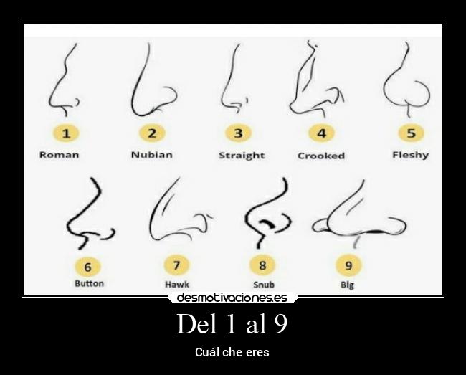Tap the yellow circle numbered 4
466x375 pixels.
click(x=321, y=133)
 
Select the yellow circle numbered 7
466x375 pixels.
click(x=176, y=265)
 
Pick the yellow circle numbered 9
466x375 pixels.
click(x=348, y=265)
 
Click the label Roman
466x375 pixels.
click(x=59, y=155)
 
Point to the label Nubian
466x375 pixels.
click(x=151, y=155)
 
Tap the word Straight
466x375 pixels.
click(x=242, y=156)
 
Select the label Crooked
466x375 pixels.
click(x=321, y=156)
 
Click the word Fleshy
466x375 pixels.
click(x=410, y=155)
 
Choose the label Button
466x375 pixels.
click(x=89, y=283)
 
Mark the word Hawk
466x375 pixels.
click(x=177, y=285)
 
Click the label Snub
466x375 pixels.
click(x=263, y=285)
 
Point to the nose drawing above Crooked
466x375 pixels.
click(x=315, y=80)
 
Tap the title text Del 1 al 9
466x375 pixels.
click(x=232, y=324)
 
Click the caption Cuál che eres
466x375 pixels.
click(x=232, y=353)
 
